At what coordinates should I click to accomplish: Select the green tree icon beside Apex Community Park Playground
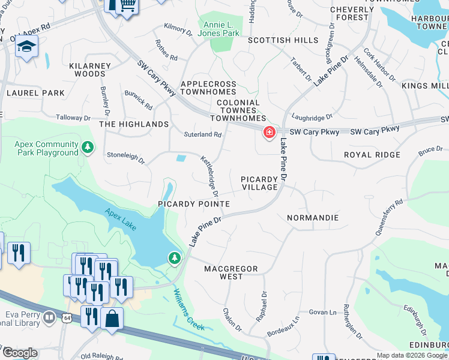[x=88, y=146]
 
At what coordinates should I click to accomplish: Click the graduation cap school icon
[x=26, y=47]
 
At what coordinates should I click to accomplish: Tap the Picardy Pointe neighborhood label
[x=194, y=204]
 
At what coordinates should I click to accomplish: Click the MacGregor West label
[x=231, y=272]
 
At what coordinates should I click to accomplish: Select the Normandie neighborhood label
[x=313, y=218]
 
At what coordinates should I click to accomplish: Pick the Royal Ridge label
[x=372, y=155]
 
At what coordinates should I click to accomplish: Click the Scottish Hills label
[x=283, y=40]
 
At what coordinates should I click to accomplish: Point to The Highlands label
[x=134, y=124]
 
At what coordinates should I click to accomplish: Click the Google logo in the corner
[x=20, y=353]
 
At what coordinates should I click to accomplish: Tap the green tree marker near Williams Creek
[x=175, y=258]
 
